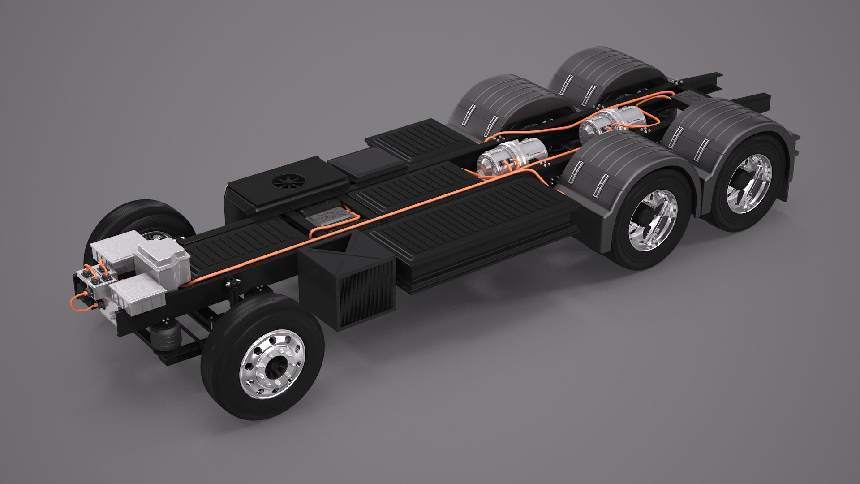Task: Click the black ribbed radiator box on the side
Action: click(348, 282)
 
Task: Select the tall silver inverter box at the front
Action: click(162, 260)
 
